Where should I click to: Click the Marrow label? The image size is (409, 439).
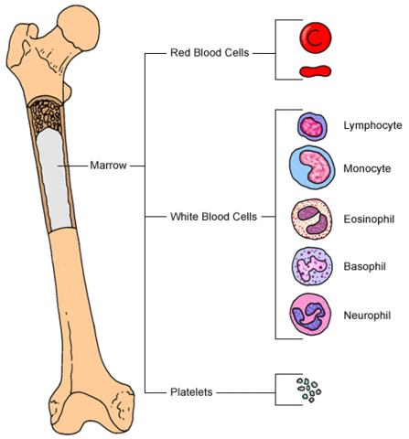click(110, 166)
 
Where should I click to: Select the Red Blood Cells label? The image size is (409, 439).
click(211, 52)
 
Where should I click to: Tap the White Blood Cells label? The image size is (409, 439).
click(213, 217)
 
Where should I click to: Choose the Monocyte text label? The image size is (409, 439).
click(368, 169)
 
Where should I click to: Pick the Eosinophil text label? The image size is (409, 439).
click(368, 219)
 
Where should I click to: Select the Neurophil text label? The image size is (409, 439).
click(367, 316)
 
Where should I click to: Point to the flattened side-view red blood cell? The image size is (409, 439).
click(315, 70)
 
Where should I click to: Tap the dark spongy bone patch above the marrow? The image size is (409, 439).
click(50, 111)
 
